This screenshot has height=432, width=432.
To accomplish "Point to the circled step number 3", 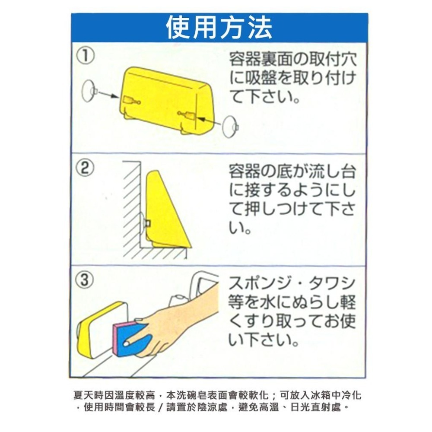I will click(85, 280).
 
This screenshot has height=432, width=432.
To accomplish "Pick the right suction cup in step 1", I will click(230, 126).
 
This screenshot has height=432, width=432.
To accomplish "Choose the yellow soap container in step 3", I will click(99, 330).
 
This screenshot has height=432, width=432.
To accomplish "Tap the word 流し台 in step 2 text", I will click(334, 172).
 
